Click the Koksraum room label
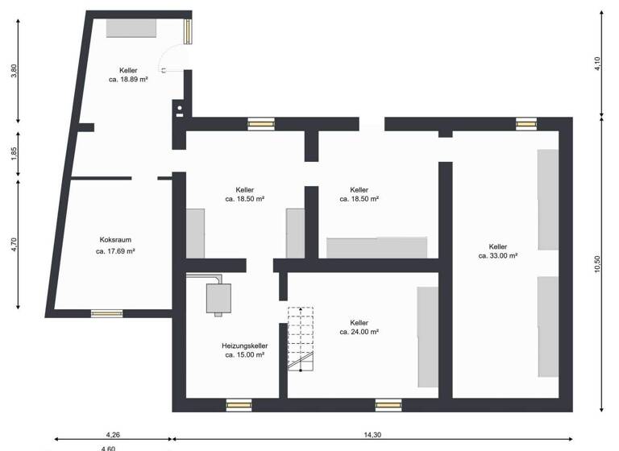click(x=115, y=239)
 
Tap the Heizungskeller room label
click(x=244, y=345)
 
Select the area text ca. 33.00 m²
click(x=497, y=256)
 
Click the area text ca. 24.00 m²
click(x=359, y=331)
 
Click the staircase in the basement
click(x=301, y=338)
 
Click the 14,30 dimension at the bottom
click(x=372, y=435)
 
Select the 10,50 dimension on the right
click(x=597, y=265)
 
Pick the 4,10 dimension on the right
click(x=597, y=64)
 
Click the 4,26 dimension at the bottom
click(x=113, y=435)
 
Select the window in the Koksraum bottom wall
click(x=106, y=313)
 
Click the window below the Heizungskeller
click(x=239, y=405)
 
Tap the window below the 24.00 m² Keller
click(x=388, y=405)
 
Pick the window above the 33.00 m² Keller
click(x=526, y=123)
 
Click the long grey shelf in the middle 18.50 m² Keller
click(x=376, y=247)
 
